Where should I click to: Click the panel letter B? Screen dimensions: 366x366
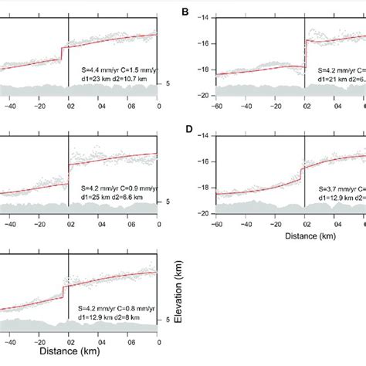[x=185, y=13]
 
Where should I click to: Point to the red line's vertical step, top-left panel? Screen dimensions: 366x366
[x=62, y=52]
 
